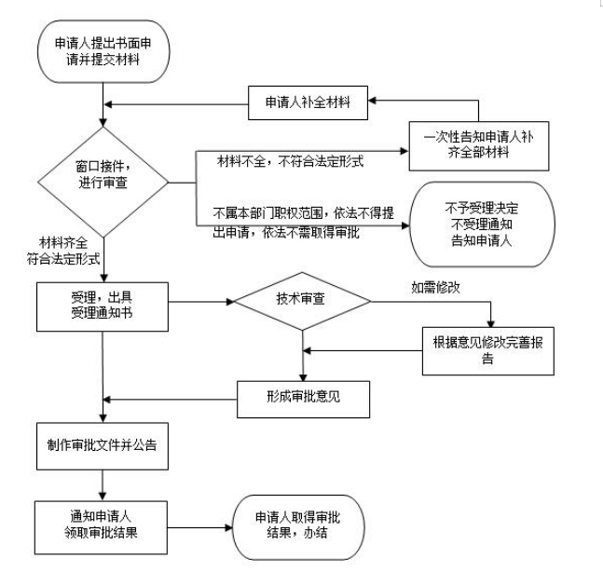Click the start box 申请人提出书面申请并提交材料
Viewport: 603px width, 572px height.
click(x=103, y=50)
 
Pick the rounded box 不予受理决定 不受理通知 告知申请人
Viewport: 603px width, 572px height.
click(x=482, y=223)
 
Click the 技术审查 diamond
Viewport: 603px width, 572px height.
click(x=302, y=302)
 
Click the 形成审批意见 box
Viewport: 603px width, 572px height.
click(x=305, y=396)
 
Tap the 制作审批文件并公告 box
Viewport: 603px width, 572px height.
click(x=102, y=445)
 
